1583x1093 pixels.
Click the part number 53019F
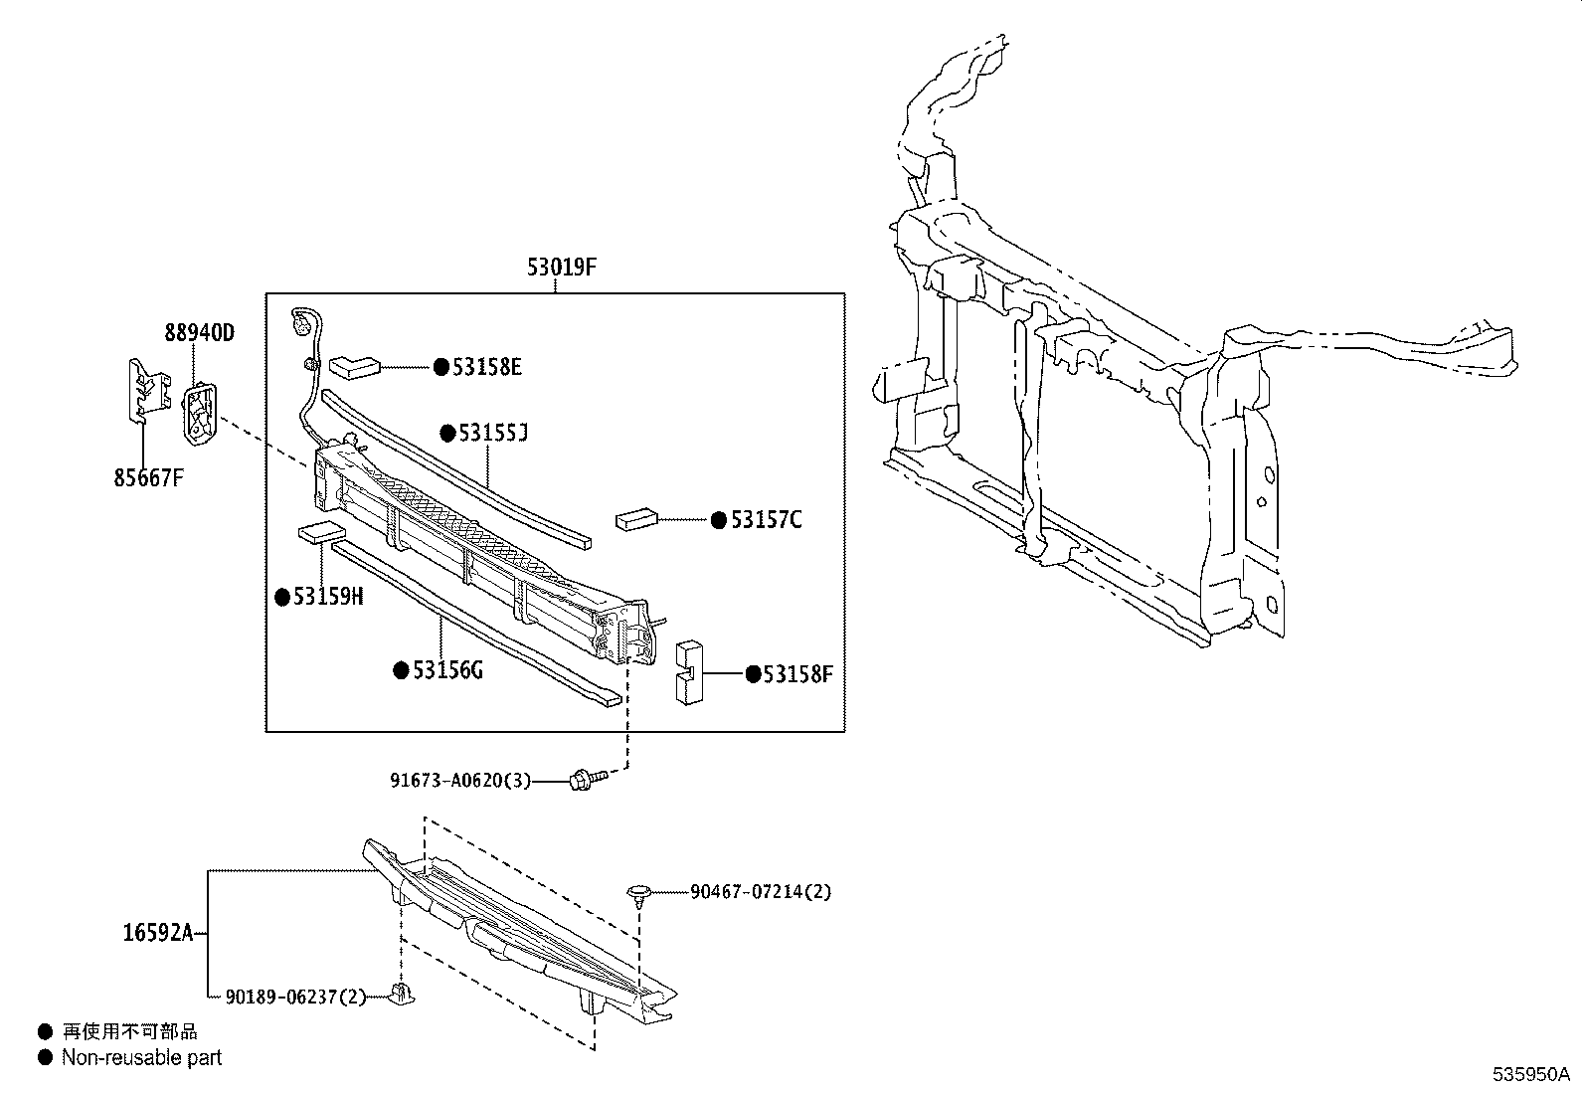coord(561,267)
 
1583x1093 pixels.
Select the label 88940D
coord(199,332)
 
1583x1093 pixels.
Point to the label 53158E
coord(486,367)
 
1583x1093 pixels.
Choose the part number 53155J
coord(492,434)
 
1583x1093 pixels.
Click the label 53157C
coord(766,520)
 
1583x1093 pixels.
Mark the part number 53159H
coord(329,597)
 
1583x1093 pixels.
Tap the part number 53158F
coord(797,675)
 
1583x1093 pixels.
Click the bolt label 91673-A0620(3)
coord(460,782)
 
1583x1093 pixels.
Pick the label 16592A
coord(157,933)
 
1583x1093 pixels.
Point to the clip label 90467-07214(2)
coord(761,892)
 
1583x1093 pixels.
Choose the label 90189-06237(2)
coord(296,997)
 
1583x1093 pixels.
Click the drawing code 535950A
coord(1529,1074)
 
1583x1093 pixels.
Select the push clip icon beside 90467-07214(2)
coord(637,892)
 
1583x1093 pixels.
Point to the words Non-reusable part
coord(141,1058)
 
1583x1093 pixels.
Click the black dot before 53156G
coord(402,670)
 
